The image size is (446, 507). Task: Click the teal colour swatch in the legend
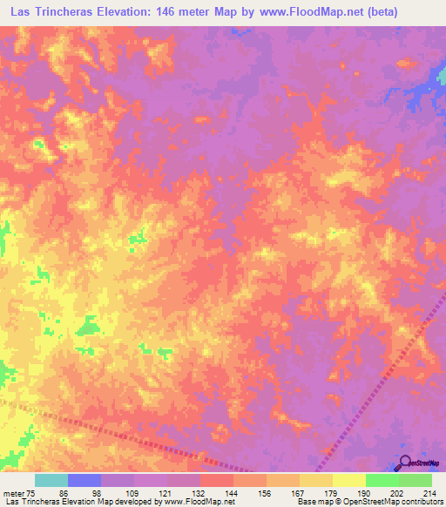tap(51, 480)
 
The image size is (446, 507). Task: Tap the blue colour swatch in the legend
tap(84, 480)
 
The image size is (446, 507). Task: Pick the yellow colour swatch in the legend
tap(349, 480)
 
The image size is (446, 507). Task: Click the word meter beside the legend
tap(13, 492)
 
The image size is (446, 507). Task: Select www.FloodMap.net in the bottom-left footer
tap(197, 503)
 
